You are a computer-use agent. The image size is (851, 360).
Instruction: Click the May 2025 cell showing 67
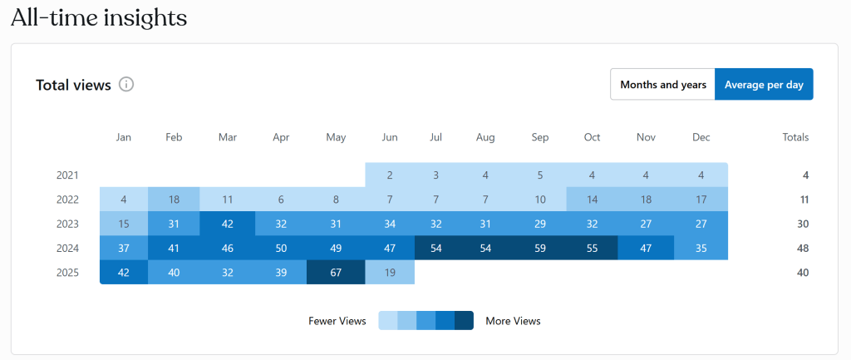[x=336, y=272]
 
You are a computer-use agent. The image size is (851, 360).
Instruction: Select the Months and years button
[x=662, y=84]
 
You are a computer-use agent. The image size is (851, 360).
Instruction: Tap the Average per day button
[x=764, y=84]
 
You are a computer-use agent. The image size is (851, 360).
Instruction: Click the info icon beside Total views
[x=126, y=84]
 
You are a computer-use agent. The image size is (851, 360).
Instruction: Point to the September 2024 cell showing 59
[x=540, y=248]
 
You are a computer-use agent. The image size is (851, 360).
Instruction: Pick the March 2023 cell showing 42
[x=227, y=224]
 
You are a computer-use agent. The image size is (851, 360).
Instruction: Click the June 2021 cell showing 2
[x=390, y=175]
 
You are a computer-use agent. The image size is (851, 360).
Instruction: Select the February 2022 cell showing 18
[x=173, y=200]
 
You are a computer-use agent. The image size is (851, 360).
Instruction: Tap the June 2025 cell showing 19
[x=390, y=272]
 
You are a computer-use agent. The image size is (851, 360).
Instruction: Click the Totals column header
[x=795, y=137]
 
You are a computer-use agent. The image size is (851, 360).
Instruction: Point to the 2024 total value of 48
[x=802, y=248]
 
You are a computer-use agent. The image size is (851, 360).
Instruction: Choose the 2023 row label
[x=67, y=224]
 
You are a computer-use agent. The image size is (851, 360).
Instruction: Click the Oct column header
[x=592, y=137]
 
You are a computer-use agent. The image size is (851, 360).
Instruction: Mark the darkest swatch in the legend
[x=464, y=320]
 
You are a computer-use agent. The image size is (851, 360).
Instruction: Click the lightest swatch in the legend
[x=387, y=320]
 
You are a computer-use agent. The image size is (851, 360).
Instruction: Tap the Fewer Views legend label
[x=337, y=321]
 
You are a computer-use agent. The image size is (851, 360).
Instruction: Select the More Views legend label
[x=513, y=321]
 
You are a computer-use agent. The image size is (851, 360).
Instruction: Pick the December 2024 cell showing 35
[x=701, y=248]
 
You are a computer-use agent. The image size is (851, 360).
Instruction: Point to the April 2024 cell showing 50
[x=282, y=248]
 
